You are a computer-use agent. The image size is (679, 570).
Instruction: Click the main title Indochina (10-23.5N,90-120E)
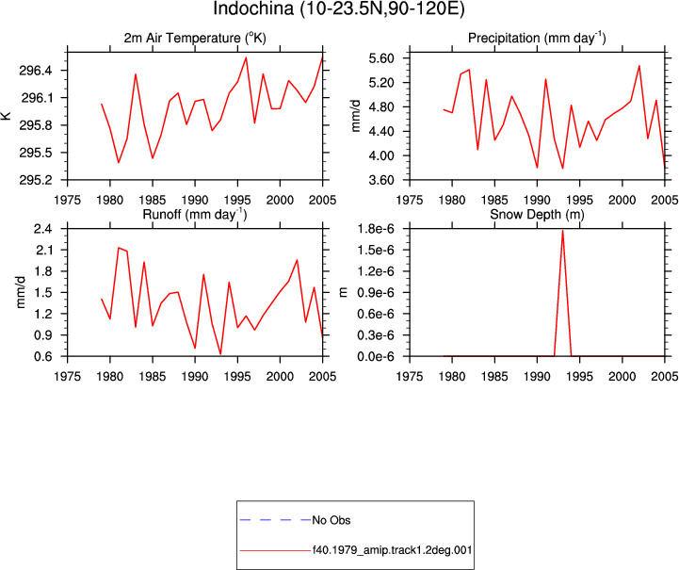(x=339, y=8)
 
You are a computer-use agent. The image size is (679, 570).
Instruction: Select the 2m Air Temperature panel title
(x=195, y=38)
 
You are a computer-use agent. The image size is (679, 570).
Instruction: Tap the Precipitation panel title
(x=537, y=38)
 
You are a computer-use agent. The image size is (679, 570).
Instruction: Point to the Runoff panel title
(x=195, y=215)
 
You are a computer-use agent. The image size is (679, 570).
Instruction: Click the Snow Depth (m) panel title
(x=537, y=215)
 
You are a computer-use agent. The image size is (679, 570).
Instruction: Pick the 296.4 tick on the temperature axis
(x=36, y=70)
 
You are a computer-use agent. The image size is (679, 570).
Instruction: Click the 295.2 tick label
(x=36, y=180)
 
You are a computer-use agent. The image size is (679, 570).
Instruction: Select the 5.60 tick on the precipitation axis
(x=381, y=58)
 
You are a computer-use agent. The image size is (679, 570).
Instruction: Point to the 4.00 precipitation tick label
(x=381, y=155)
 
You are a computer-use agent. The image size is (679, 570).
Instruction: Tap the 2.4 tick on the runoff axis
(x=43, y=229)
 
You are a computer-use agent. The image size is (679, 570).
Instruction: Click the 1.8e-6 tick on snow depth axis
(x=376, y=229)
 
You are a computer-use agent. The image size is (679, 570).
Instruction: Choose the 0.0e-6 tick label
(x=376, y=356)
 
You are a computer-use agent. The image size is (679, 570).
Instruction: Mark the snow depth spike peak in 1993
(x=562, y=231)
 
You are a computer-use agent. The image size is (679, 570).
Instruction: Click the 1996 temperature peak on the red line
(x=246, y=57)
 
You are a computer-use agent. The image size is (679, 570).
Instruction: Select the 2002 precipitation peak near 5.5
(x=639, y=66)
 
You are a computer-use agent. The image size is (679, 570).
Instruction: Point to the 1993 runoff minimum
(x=221, y=354)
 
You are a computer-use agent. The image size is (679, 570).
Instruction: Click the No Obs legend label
(x=331, y=520)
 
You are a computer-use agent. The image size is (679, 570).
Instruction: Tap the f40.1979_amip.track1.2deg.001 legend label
(x=393, y=550)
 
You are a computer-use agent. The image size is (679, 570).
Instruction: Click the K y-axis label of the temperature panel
(x=6, y=116)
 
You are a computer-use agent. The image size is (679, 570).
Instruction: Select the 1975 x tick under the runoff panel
(x=68, y=377)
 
